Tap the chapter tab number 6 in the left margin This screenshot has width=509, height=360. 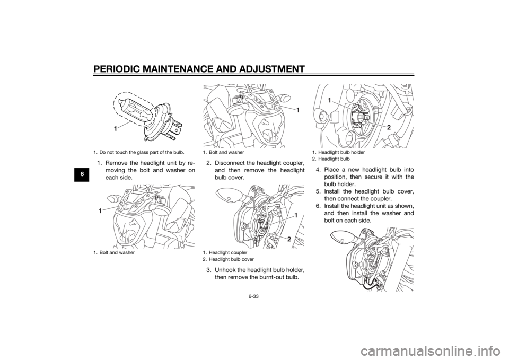click(83, 174)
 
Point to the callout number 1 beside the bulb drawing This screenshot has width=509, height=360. click(115, 129)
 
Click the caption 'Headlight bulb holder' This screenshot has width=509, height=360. click(341, 152)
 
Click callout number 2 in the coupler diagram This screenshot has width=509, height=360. click(288, 239)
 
